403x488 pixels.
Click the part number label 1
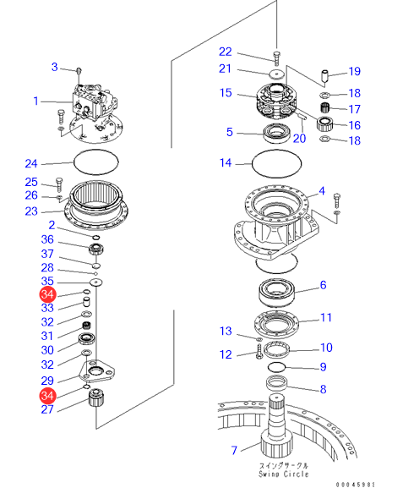[36, 101]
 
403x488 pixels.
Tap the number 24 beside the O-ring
[31, 164]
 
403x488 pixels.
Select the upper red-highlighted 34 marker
[47, 294]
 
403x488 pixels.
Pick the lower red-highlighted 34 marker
[47, 396]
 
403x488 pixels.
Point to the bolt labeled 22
[276, 58]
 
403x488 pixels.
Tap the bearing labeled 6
[276, 293]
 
